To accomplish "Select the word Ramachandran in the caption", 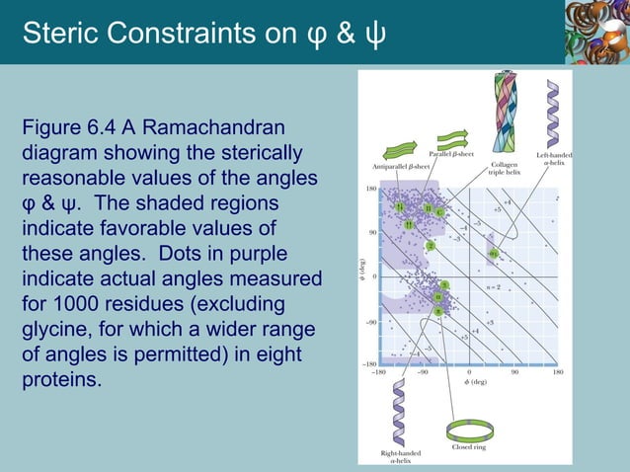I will coord(222,128).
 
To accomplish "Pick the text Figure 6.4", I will coord(66,128).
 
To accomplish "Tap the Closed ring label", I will coord(468,447).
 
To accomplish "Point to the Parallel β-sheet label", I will coord(451,155).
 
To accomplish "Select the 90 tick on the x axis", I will coord(514,371).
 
